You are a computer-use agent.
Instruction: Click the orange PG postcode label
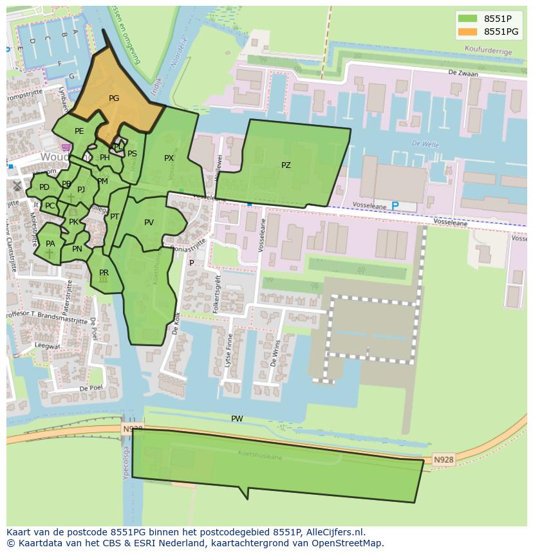coord(114,98)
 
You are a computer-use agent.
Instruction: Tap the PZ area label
coord(286,165)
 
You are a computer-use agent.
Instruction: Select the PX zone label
coord(169,158)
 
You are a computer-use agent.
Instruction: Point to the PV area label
coord(149,223)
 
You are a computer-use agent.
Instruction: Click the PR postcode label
coord(104,273)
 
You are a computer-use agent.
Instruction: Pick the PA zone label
coord(50,244)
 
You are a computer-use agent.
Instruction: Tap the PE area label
coord(79,131)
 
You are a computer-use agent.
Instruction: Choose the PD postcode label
coord(44,187)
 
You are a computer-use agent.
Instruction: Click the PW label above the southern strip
coord(237,419)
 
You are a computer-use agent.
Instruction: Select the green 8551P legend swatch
coord(467,18)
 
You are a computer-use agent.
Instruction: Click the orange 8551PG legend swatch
coord(467,32)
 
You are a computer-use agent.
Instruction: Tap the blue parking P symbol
coord(395,206)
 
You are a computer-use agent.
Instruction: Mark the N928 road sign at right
coord(443,459)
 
